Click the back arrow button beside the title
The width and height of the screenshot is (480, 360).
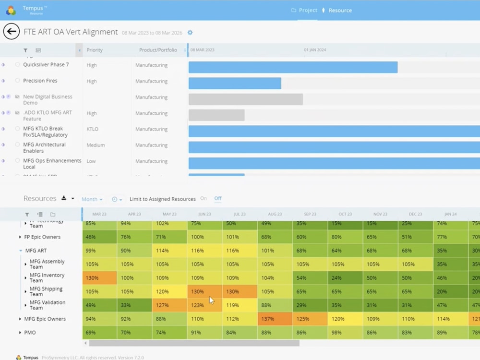click(x=12, y=32)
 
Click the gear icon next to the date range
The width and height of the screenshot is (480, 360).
click(x=190, y=33)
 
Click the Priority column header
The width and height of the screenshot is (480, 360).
click(x=95, y=50)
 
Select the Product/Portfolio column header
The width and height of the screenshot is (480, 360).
click(x=158, y=50)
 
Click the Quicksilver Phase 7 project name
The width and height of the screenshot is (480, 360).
click(x=46, y=65)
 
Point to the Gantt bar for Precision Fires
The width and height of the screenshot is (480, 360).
click(x=235, y=84)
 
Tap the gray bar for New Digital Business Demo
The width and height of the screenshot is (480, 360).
click(x=245, y=99)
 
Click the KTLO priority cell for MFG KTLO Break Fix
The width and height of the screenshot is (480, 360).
click(x=92, y=129)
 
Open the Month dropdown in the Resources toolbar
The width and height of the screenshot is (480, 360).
click(x=92, y=199)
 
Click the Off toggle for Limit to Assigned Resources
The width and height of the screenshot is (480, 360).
click(x=218, y=199)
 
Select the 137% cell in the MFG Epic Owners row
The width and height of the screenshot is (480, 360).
click(x=275, y=319)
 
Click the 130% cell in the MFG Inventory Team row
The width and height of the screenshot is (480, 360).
click(x=99, y=278)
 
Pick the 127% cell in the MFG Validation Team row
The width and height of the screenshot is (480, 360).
click(x=169, y=305)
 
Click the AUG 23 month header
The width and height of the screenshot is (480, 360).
click(x=275, y=214)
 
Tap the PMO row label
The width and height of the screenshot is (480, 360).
click(x=30, y=333)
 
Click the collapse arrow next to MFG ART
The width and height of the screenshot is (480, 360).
click(x=21, y=251)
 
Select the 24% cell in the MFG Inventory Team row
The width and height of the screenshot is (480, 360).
click(x=345, y=278)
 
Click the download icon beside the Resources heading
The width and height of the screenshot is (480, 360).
click(x=64, y=199)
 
